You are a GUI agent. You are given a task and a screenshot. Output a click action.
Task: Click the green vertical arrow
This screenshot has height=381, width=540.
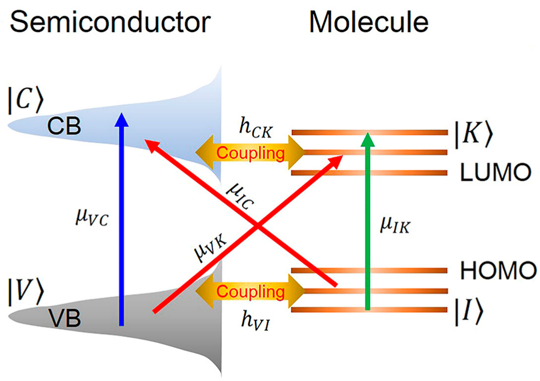coord(367,223)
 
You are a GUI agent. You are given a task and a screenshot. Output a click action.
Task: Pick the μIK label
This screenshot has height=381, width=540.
coord(395,227)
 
